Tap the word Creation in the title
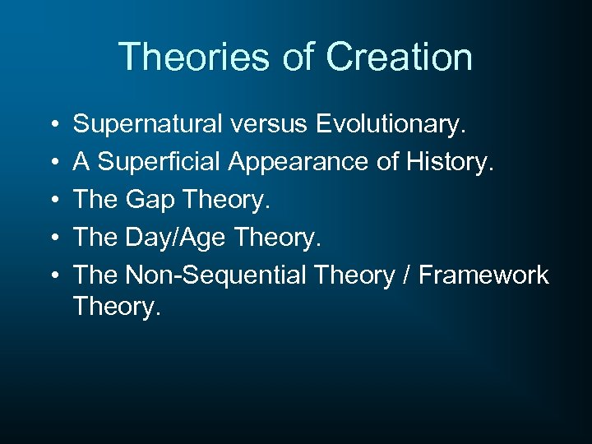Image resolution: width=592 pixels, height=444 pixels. coord(399,58)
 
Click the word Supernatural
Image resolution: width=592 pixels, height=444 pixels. coord(147,124)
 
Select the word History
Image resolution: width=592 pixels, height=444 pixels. coord(450,162)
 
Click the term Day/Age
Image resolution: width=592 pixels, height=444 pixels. coord(176,238)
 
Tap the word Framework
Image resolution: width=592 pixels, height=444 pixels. coord(483,275)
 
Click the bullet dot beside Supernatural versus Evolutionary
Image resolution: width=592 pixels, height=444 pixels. coord(52,125)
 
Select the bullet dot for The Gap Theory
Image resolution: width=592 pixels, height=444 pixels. coord(52,201)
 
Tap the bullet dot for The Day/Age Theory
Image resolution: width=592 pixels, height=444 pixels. coord(52,238)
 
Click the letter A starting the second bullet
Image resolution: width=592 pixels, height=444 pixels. coord(81,162)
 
